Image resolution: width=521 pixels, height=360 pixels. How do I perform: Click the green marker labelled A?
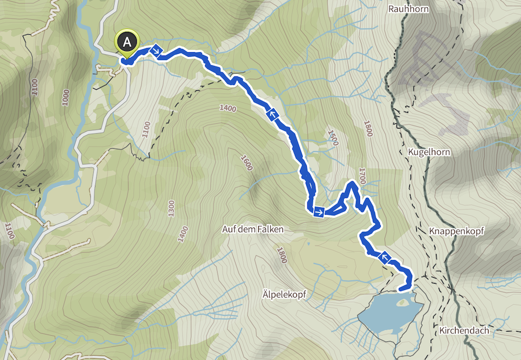point(127,42)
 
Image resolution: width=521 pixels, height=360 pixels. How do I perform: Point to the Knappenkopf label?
point(457,230)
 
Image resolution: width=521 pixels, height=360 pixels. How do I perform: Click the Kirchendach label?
point(464,330)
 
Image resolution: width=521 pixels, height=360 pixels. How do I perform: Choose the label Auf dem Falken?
point(253,229)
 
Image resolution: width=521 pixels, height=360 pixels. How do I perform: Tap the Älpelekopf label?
point(280,295)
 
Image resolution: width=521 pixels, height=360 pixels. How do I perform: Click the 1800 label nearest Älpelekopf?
point(282,255)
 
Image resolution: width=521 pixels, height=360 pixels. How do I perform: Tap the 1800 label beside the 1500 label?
point(366,127)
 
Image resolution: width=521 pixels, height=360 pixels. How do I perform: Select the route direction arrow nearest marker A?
point(156,52)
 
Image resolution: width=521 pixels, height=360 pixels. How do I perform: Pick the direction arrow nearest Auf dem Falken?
point(318,213)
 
